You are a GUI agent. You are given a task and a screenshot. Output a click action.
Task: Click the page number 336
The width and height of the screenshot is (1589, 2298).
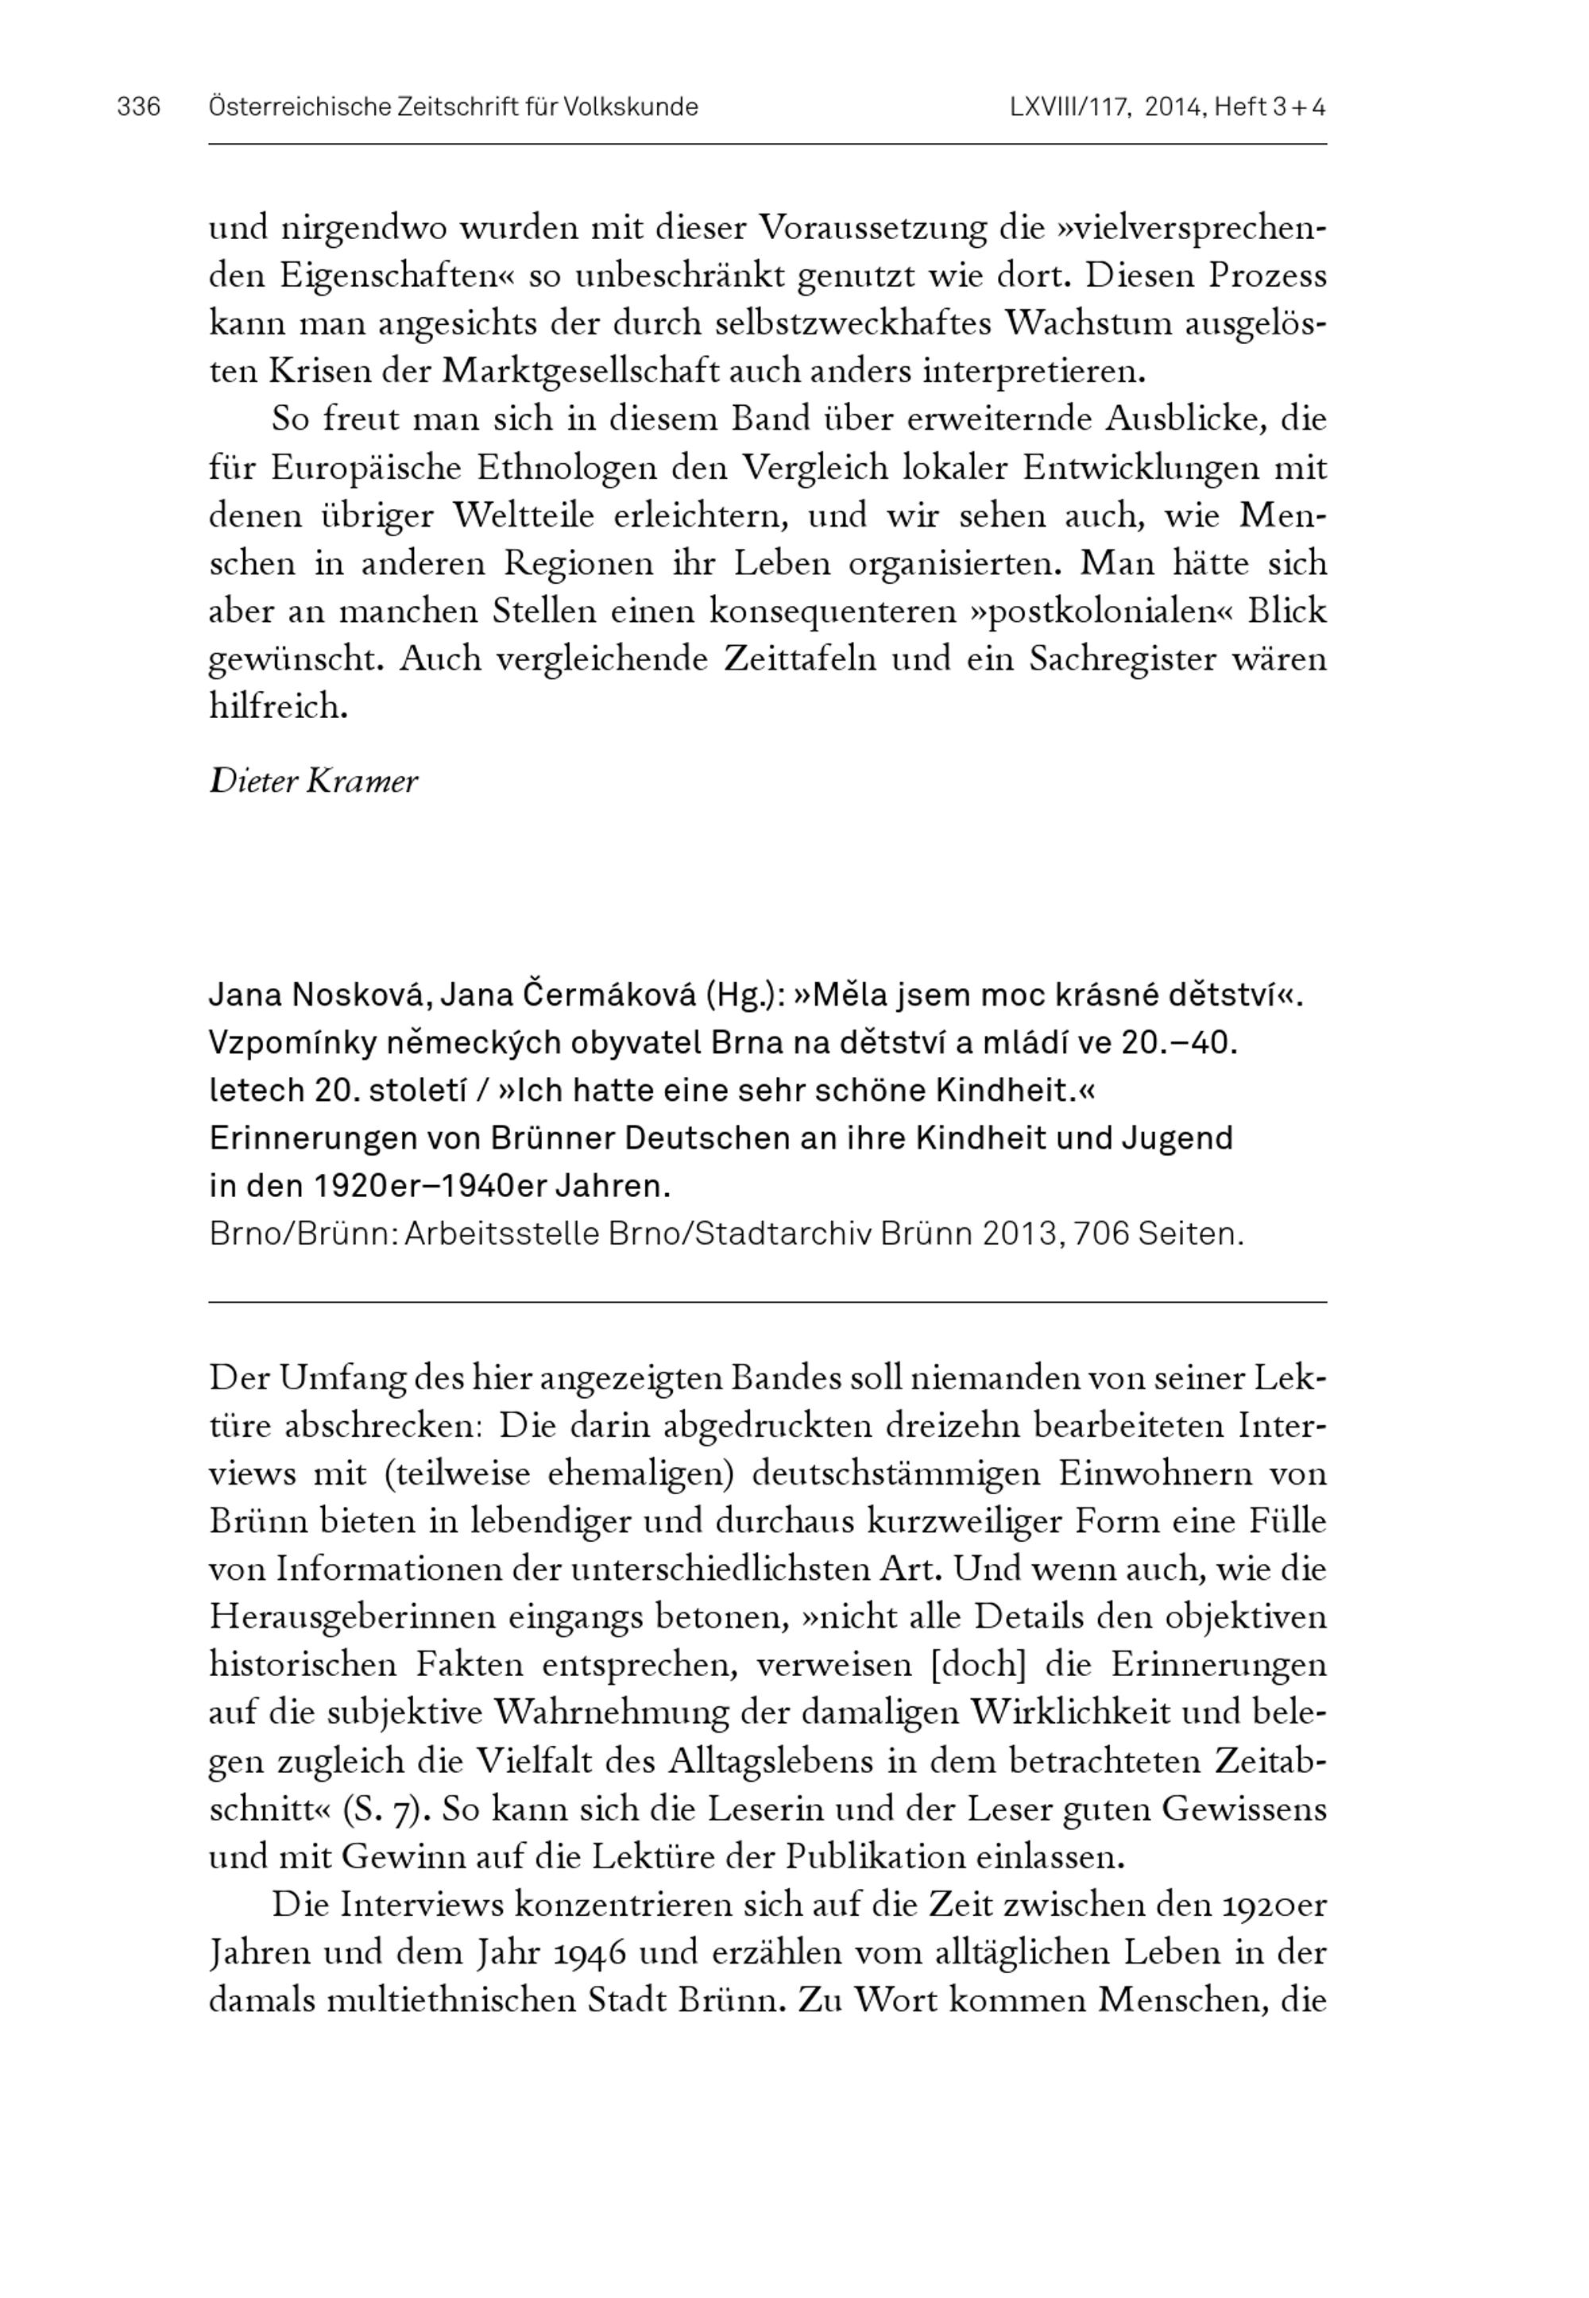coord(138,107)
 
